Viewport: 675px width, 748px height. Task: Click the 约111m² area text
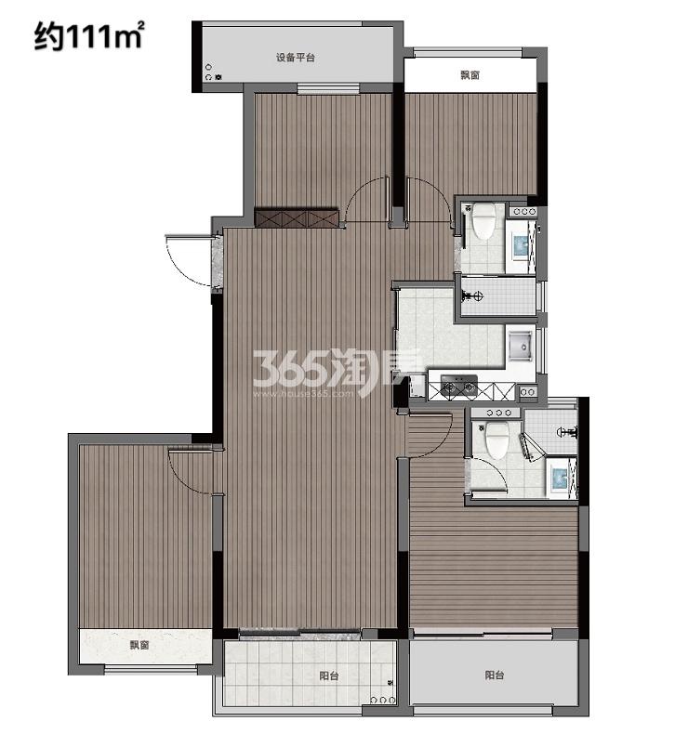click(x=88, y=37)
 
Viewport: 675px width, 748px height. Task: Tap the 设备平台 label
click(x=296, y=58)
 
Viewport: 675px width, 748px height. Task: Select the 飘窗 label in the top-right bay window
click(x=470, y=75)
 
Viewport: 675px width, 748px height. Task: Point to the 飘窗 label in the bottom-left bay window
click(x=139, y=645)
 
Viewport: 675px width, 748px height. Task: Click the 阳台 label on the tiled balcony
click(x=329, y=676)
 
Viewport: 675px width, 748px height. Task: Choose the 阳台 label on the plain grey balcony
click(x=495, y=675)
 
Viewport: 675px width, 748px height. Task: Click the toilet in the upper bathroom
click(x=483, y=221)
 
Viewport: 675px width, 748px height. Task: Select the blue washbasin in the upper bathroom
click(x=522, y=245)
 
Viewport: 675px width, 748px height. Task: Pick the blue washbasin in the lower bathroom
click(x=559, y=479)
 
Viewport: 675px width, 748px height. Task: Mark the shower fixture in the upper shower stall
click(x=473, y=296)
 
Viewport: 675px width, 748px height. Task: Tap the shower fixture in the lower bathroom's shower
click(x=568, y=433)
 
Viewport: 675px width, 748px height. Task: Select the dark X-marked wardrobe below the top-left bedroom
click(x=296, y=217)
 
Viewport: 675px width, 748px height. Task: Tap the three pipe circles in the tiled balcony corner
click(x=383, y=701)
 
